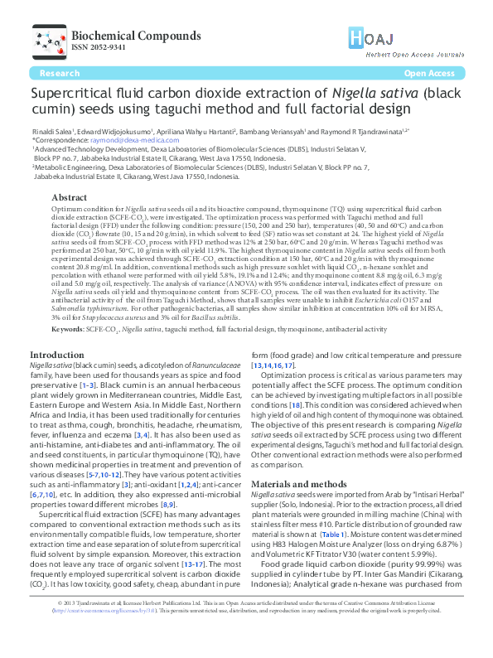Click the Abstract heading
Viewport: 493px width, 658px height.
click(69, 198)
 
